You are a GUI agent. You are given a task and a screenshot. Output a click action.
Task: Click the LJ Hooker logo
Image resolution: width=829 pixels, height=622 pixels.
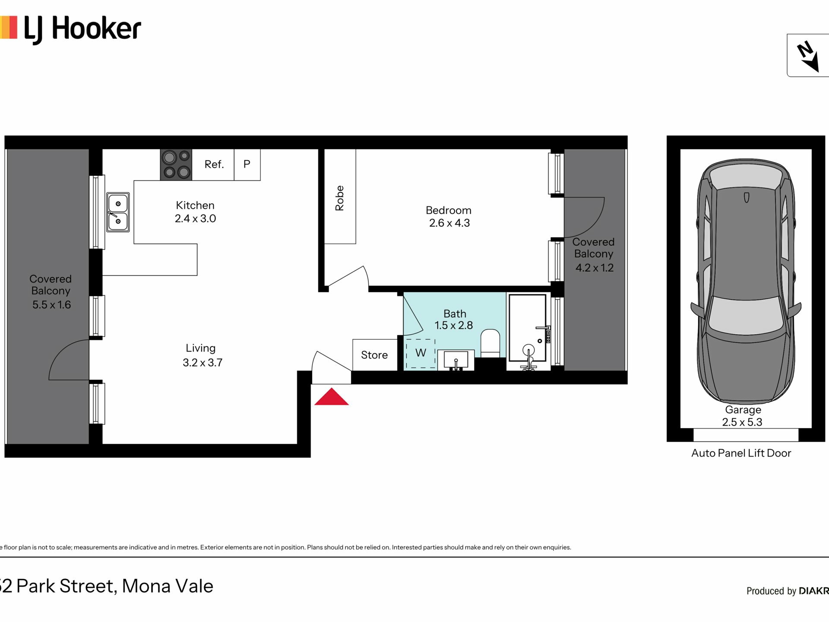click(70, 29)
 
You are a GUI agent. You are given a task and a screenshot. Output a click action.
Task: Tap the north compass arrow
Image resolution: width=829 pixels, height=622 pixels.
click(808, 57)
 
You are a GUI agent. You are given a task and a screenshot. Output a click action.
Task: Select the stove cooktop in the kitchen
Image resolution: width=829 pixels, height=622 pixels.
click(176, 165)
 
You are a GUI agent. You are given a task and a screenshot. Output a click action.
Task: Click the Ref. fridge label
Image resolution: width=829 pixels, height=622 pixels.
click(214, 164)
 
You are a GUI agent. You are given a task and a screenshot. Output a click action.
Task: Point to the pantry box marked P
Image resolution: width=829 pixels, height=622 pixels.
click(247, 165)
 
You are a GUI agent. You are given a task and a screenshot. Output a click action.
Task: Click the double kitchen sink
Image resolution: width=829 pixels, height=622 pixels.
click(118, 212)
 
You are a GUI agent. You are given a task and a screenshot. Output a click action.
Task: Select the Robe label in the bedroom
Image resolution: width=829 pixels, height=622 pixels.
click(340, 198)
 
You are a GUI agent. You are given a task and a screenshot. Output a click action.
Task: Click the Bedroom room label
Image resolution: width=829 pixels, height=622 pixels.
click(449, 210)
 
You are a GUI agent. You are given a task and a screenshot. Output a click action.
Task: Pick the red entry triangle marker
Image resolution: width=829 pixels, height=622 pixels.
click(331, 397)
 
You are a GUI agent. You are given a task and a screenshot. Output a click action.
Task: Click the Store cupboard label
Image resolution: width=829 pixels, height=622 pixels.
click(374, 355)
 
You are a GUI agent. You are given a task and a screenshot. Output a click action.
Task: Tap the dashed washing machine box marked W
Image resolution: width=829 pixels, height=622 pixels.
click(421, 353)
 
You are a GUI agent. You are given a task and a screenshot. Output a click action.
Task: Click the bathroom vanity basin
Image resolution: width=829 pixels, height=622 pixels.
click(456, 360)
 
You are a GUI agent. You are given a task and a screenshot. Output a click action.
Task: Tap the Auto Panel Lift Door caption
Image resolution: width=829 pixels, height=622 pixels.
click(741, 453)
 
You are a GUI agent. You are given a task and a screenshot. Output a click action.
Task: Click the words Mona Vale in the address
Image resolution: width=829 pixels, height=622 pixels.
click(168, 586)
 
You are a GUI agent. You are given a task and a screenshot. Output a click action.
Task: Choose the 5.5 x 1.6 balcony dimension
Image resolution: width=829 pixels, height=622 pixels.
click(51, 305)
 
